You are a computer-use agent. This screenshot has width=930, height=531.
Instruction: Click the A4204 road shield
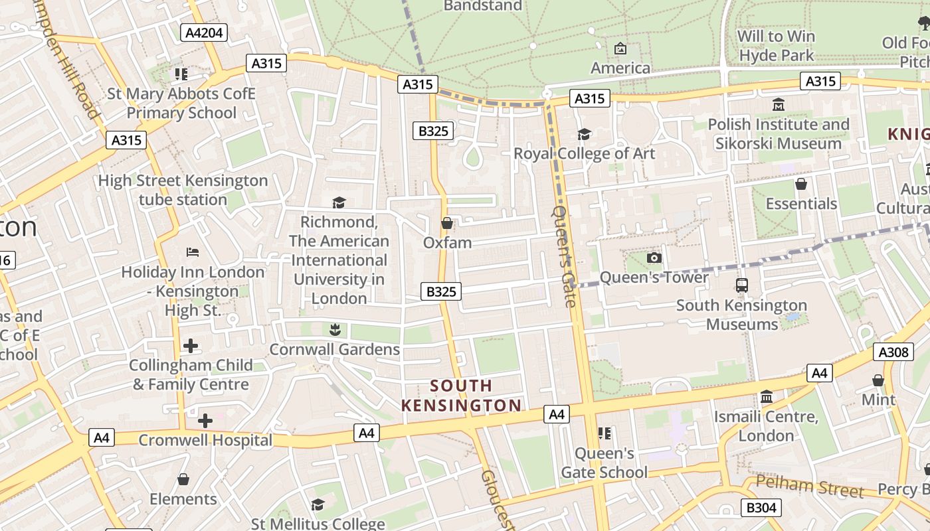coord(205,33)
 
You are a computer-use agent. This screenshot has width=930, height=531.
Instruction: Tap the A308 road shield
coord(893,352)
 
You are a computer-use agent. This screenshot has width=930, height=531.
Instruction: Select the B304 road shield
coord(761,508)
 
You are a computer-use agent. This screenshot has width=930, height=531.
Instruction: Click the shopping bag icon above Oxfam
coord(447,223)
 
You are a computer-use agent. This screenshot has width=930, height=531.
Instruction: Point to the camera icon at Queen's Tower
coord(654,258)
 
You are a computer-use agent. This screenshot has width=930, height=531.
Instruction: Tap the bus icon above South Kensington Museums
coord(741,285)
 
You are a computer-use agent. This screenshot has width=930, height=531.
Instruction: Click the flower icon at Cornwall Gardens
coord(334,329)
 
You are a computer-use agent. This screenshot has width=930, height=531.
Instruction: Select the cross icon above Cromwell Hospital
coord(205,420)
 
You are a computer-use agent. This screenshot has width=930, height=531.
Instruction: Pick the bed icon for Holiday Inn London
coord(193,252)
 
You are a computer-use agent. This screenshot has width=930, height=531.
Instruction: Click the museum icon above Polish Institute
coord(779,105)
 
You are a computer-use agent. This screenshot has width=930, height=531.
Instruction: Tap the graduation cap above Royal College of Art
coord(584,135)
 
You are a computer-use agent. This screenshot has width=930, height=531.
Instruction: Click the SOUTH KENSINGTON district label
coord(462,396)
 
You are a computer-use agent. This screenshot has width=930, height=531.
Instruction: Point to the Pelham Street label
coord(810,487)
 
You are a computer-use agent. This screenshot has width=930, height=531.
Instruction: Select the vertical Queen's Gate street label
coord(564,256)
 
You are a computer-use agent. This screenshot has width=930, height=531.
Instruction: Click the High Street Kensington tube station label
coord(183,190)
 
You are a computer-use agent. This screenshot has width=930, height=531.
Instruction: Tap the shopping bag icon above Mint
coord(878,380)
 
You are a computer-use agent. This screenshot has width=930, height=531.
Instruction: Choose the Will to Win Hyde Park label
coord(776,45)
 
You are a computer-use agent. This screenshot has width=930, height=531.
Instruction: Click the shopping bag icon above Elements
coord(183,479)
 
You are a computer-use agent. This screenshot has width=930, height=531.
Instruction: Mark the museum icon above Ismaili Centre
coord(766,397)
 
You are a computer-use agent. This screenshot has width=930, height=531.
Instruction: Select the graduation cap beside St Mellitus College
coord(318,505)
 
